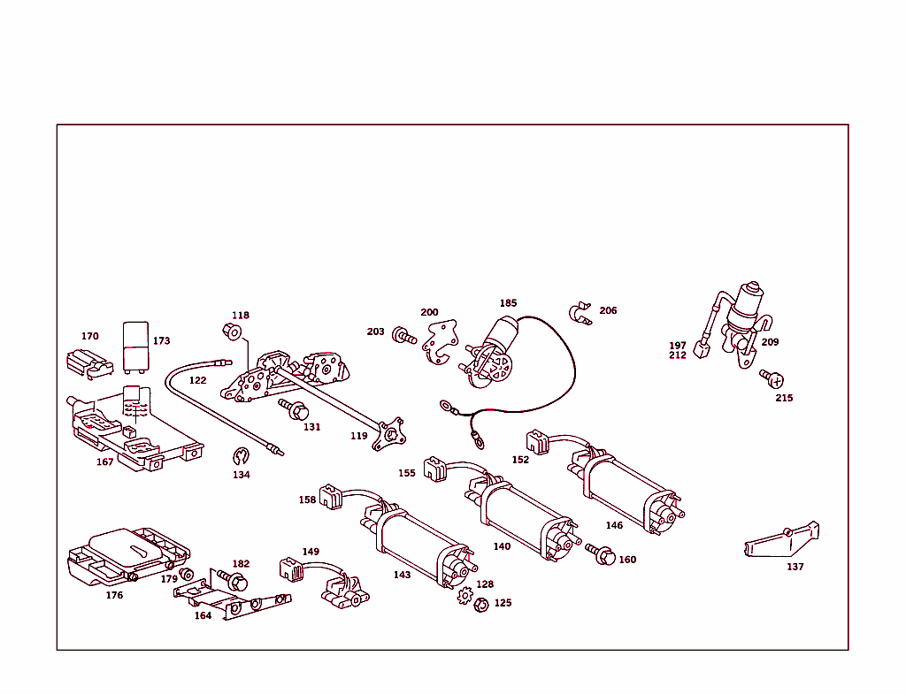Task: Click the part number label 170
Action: point(89,336)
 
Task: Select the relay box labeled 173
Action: point(136,344)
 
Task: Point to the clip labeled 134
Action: point(242,457)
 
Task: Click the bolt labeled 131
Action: point(294,408)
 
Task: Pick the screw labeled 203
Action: point(403,336)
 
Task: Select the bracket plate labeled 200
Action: point(439,340)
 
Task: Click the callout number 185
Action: point(508,302)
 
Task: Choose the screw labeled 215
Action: point(772,378)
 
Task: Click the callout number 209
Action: point(770,342)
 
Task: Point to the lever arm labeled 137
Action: point(782,538)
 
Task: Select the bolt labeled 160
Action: point(602,554)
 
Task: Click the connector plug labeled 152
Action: point(538,440)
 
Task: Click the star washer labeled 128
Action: point(465,596)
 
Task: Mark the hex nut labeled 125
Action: point(481,606)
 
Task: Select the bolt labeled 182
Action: point(234,581)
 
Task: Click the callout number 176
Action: point(114,595)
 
